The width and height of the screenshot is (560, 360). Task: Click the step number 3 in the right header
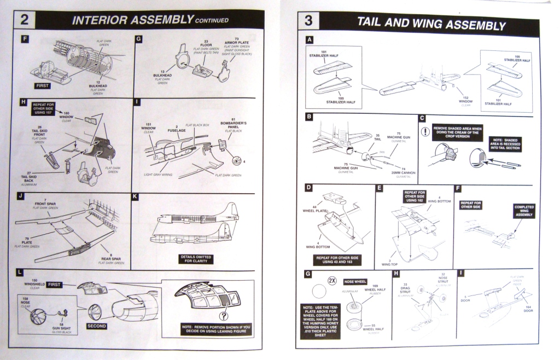(308, 23)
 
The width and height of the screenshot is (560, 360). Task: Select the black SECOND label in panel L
(96, 327)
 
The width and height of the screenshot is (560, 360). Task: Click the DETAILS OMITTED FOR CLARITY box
(196, 259)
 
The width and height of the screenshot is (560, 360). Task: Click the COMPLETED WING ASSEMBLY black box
(524, 210)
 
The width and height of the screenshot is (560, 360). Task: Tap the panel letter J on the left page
(20, 196)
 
